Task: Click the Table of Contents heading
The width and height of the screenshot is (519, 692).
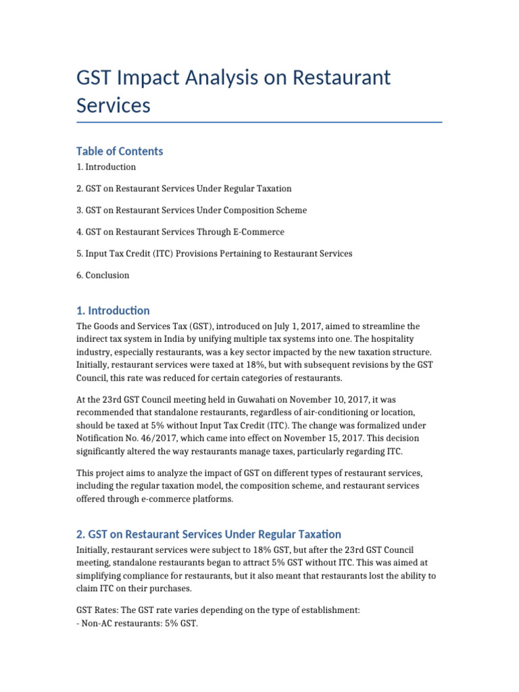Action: point(120,151)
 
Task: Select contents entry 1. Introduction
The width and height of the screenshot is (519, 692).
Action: point(106,167)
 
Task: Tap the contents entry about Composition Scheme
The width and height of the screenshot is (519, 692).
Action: point(191,210)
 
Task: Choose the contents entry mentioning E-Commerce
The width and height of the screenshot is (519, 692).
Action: point(180,232)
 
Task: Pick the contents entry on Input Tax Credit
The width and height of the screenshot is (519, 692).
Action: point(214,253)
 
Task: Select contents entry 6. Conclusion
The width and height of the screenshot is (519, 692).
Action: point(103,275)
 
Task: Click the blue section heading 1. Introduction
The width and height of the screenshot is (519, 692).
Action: point(113,311)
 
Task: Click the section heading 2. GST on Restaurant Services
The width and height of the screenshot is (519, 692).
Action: point(209,535)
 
